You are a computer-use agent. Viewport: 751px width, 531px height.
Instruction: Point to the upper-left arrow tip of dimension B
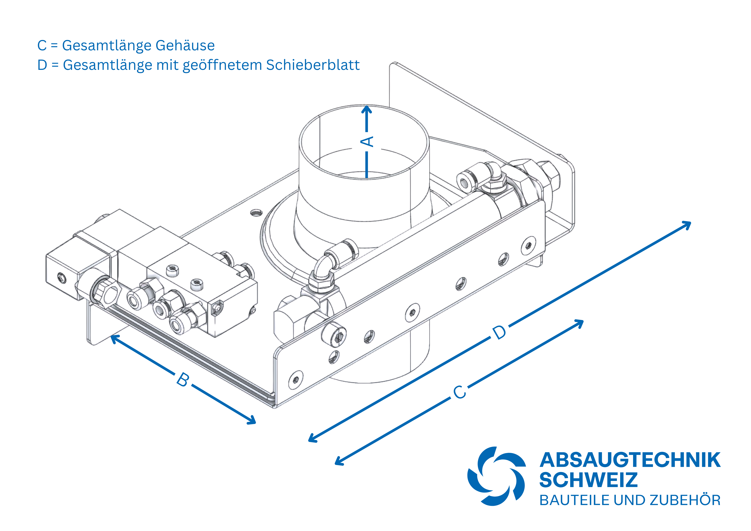click(111, 335)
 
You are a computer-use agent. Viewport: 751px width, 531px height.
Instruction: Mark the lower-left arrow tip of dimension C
click(335, 464)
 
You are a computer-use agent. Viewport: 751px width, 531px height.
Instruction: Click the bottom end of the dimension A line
click(367, 178)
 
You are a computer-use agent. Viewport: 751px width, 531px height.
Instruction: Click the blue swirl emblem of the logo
click(497, 476)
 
